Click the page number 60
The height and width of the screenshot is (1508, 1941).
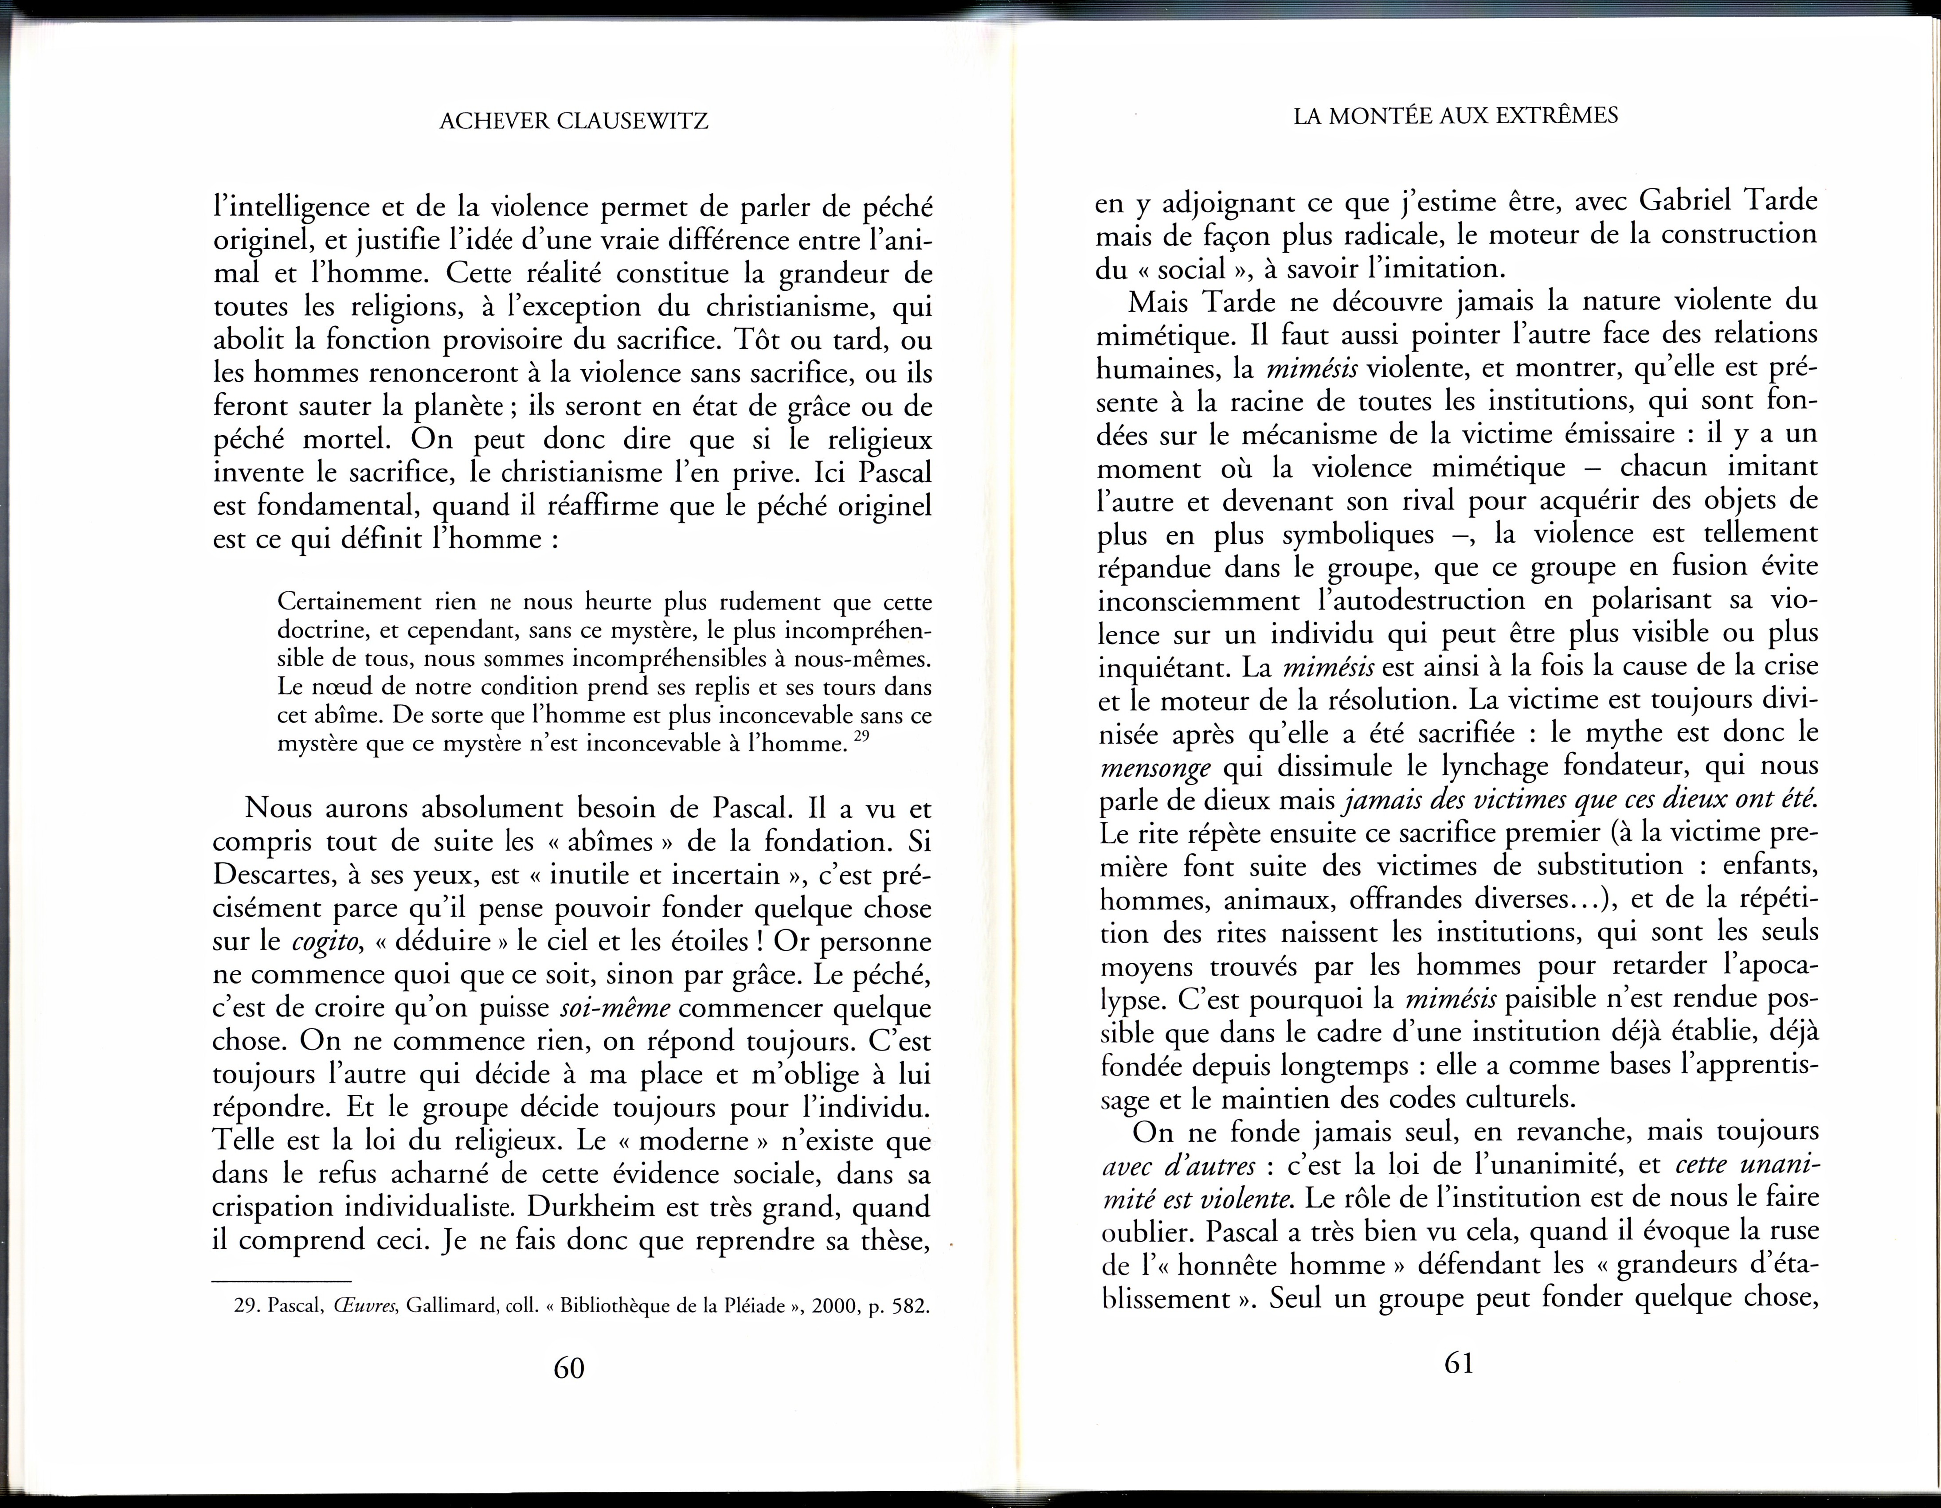click(x=569, y=1367)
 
